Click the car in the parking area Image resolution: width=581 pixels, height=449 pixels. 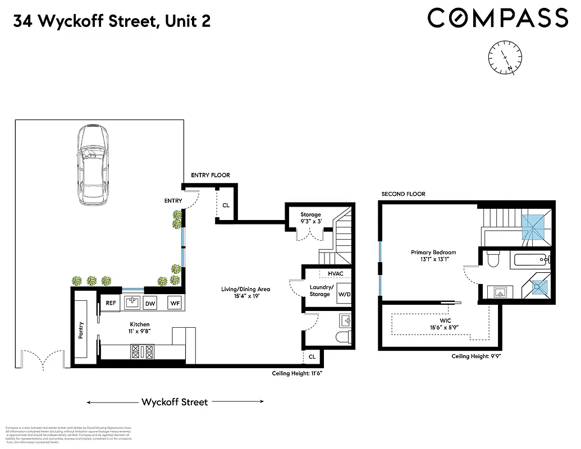pyautogui.click(x=92, y=167)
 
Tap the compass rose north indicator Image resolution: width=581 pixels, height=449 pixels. pyautogui.click(x=505, y=57)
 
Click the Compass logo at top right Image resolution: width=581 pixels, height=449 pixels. pyautogui.click(x=497, y=18)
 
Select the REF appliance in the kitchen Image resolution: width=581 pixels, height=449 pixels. pyautogui.click(x=111, y=303)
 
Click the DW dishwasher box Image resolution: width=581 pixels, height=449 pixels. pyautogui.click(x=150, y=303)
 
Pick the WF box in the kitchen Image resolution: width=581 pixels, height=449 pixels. pyautogui.click(x=175, y=303)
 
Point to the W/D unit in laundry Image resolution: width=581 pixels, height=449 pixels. pyautogui.click(x=342, y=293)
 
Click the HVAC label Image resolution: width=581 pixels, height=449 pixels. pyautogui.click(x=335, y=274)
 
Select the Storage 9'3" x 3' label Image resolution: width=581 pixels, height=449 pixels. pyautogui.click(x=310, y=218)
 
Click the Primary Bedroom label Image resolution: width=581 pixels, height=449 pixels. pyautogui.click(x=433, y=256)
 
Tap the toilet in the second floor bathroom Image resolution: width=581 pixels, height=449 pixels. pyautogui.click(x=493, y=259)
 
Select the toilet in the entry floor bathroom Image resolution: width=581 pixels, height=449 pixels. pyautogui.click(x=343, y=337)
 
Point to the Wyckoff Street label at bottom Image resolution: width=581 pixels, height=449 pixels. pyautogui.click(x=175, y=402)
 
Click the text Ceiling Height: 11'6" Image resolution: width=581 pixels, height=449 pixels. pyautogui.click(x=297, y=373)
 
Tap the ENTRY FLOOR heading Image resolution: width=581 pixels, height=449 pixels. pyautogui.click(x=211, y=175)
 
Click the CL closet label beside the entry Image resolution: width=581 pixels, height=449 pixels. pyautogui.click(x=226, y=205)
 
